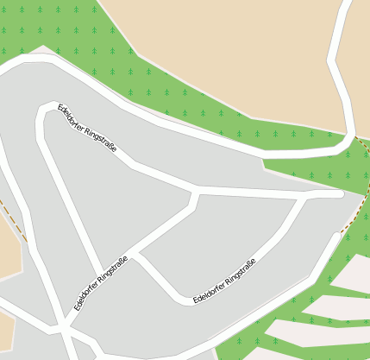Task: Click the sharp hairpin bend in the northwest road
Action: (41, 111)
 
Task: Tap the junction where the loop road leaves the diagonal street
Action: (136, 254)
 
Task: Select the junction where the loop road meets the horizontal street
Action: (303, 196)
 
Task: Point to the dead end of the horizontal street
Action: (342, 193)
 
